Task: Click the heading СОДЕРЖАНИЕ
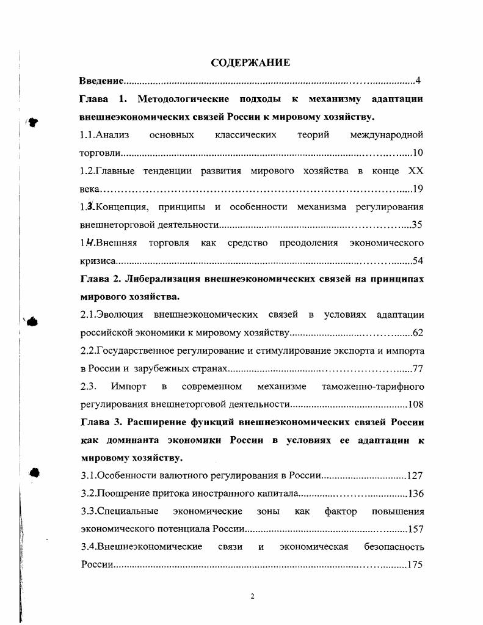tap(250, 62)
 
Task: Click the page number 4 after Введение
tap(418, 81)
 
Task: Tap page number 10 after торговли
tap(418, 153)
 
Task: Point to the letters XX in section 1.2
tap(415, 170)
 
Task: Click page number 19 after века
tap(418, 189)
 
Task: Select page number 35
tap(417, 225)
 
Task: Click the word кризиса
tap(95, 261)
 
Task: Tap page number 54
tap(418, 261)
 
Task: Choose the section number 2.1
tap(89, 315)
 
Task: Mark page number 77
tap(418, 369)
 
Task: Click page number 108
tap(415, 404)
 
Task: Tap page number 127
tap(415, 476)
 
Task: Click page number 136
tap(415, 494)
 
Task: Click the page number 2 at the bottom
tap(252, 597)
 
